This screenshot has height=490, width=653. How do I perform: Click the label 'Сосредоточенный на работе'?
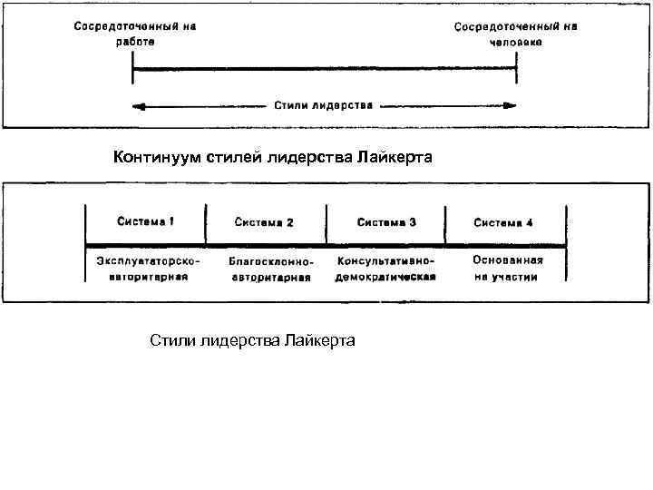coord(134,34)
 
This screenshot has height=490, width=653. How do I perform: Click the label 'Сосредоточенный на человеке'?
coord(515,34)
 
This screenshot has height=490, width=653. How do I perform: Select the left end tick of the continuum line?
coord(133,65)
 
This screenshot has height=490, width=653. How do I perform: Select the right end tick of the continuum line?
coord(517,65)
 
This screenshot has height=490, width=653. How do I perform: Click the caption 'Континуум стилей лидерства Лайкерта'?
coord(273,159)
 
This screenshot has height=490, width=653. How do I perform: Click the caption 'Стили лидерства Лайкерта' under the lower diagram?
coord(252,340)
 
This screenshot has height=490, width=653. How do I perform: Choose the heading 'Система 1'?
coord(146,220)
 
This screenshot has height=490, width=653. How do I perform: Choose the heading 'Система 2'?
coord(264,221)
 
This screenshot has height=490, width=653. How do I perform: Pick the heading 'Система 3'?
coord(386,221)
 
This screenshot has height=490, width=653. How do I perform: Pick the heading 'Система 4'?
coord(503,221)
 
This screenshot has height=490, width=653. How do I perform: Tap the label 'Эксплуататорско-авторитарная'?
coord(148,269)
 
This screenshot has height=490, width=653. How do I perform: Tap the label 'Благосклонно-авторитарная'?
coord(270,269)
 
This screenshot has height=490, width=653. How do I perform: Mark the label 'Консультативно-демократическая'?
coord(385,269)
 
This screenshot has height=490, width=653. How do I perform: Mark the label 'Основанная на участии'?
coord(507,269)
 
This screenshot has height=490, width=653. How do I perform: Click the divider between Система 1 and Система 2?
coord(206,225)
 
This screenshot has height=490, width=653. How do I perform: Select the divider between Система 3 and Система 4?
coord(445,225)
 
